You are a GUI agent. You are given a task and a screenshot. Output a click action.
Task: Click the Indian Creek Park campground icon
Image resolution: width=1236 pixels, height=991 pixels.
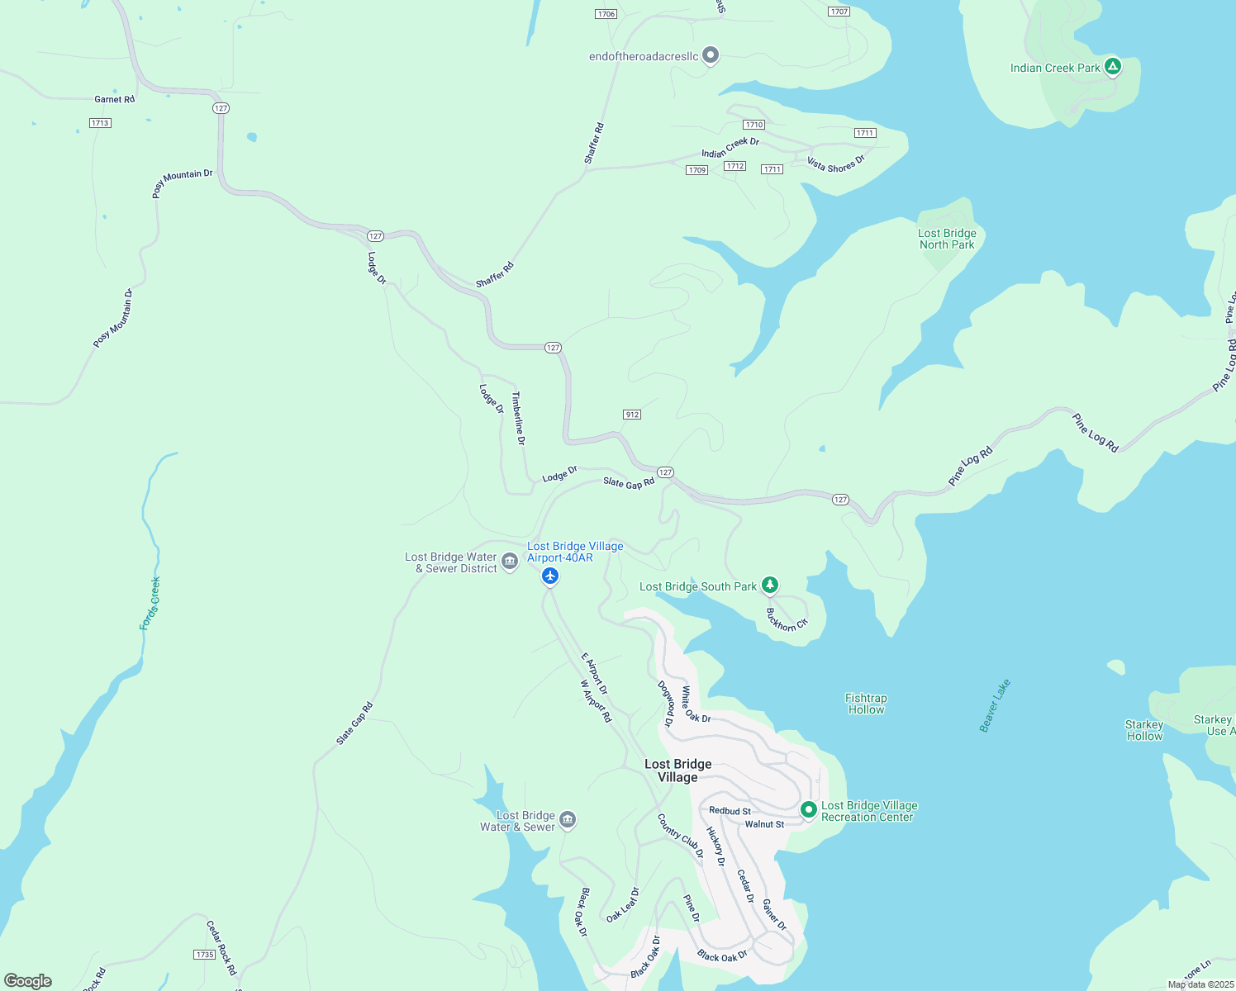tap(1112, 67)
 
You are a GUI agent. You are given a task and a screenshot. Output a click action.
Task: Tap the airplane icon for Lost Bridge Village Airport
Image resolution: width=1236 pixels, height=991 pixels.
tap(550, 576)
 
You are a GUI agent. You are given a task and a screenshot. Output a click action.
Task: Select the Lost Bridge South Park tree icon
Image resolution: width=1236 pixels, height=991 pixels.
tap(769, 586)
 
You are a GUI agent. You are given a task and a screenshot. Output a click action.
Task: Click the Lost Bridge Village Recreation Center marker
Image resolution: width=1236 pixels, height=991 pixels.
tap(809, 810)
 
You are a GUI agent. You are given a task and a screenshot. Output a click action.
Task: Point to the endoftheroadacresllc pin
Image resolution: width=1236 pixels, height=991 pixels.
tap(711, 55)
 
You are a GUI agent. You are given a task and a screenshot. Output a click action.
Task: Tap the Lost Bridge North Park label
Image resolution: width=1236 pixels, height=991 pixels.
tap(947, 239)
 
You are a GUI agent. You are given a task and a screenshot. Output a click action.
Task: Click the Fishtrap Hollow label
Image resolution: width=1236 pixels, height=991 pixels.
tap(866, 704)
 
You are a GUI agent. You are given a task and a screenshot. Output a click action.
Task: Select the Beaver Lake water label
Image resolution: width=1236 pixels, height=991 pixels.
tap(995, 705)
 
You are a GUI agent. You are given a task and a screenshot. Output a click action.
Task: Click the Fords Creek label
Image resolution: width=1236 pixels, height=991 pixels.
tap(150, 604)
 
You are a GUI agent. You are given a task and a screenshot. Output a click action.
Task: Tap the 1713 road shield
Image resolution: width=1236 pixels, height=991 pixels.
tap(100, 123)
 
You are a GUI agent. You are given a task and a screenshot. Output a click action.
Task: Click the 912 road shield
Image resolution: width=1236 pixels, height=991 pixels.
tap(632, 415)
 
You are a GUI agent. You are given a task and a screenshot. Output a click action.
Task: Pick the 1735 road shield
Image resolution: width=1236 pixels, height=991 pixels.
tap(205, 955)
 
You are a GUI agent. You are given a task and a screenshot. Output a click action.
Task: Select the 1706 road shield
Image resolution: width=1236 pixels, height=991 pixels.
tap(606, 14)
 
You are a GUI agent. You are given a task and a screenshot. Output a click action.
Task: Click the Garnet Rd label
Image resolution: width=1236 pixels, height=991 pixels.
tap(114, 99)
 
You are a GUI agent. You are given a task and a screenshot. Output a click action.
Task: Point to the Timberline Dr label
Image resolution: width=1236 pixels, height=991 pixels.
tap(519, 418)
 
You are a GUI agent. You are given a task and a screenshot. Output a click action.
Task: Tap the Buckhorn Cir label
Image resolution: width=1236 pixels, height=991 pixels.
tap(786, 620)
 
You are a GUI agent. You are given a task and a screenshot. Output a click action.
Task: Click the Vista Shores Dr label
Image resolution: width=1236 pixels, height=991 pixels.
tap(835, 164)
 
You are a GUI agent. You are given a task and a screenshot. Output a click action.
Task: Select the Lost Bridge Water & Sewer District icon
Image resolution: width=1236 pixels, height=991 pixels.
tap(510, 562)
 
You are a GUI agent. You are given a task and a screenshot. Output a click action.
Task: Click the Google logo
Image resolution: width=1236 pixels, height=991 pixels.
tap(28, 980)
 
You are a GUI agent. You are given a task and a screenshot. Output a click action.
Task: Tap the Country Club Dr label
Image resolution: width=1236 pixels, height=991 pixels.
tap(680, 836)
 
